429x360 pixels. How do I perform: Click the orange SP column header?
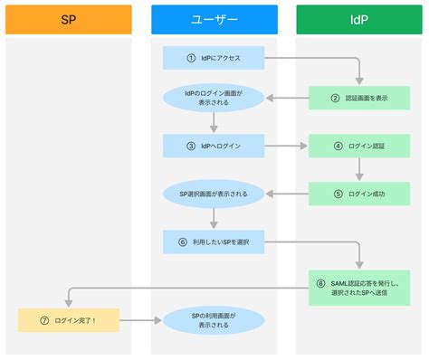pos(69,19)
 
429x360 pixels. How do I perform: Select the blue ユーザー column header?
pos(214,19)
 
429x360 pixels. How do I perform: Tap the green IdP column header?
pos(359,19)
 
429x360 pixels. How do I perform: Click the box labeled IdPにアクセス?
pos(214,58)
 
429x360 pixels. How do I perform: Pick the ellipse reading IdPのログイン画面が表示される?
pos(214,97)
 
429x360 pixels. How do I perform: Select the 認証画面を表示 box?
pos(359,98)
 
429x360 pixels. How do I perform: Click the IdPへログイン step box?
pos(214,145)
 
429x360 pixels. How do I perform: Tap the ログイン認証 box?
pos(359,145)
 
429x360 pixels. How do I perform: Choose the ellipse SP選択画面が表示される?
pos(214,193)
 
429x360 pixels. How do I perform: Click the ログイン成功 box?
pos(359,193)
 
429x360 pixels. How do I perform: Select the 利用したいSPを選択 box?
pos(214,241)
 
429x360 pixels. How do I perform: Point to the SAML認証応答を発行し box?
pos(359,289)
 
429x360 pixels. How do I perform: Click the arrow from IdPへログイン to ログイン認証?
pos(286,145)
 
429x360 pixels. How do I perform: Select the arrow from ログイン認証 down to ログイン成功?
pos(359,169)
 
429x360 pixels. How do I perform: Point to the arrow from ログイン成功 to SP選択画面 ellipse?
pos(286,193)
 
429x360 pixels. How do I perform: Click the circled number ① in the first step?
pos(191,58)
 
